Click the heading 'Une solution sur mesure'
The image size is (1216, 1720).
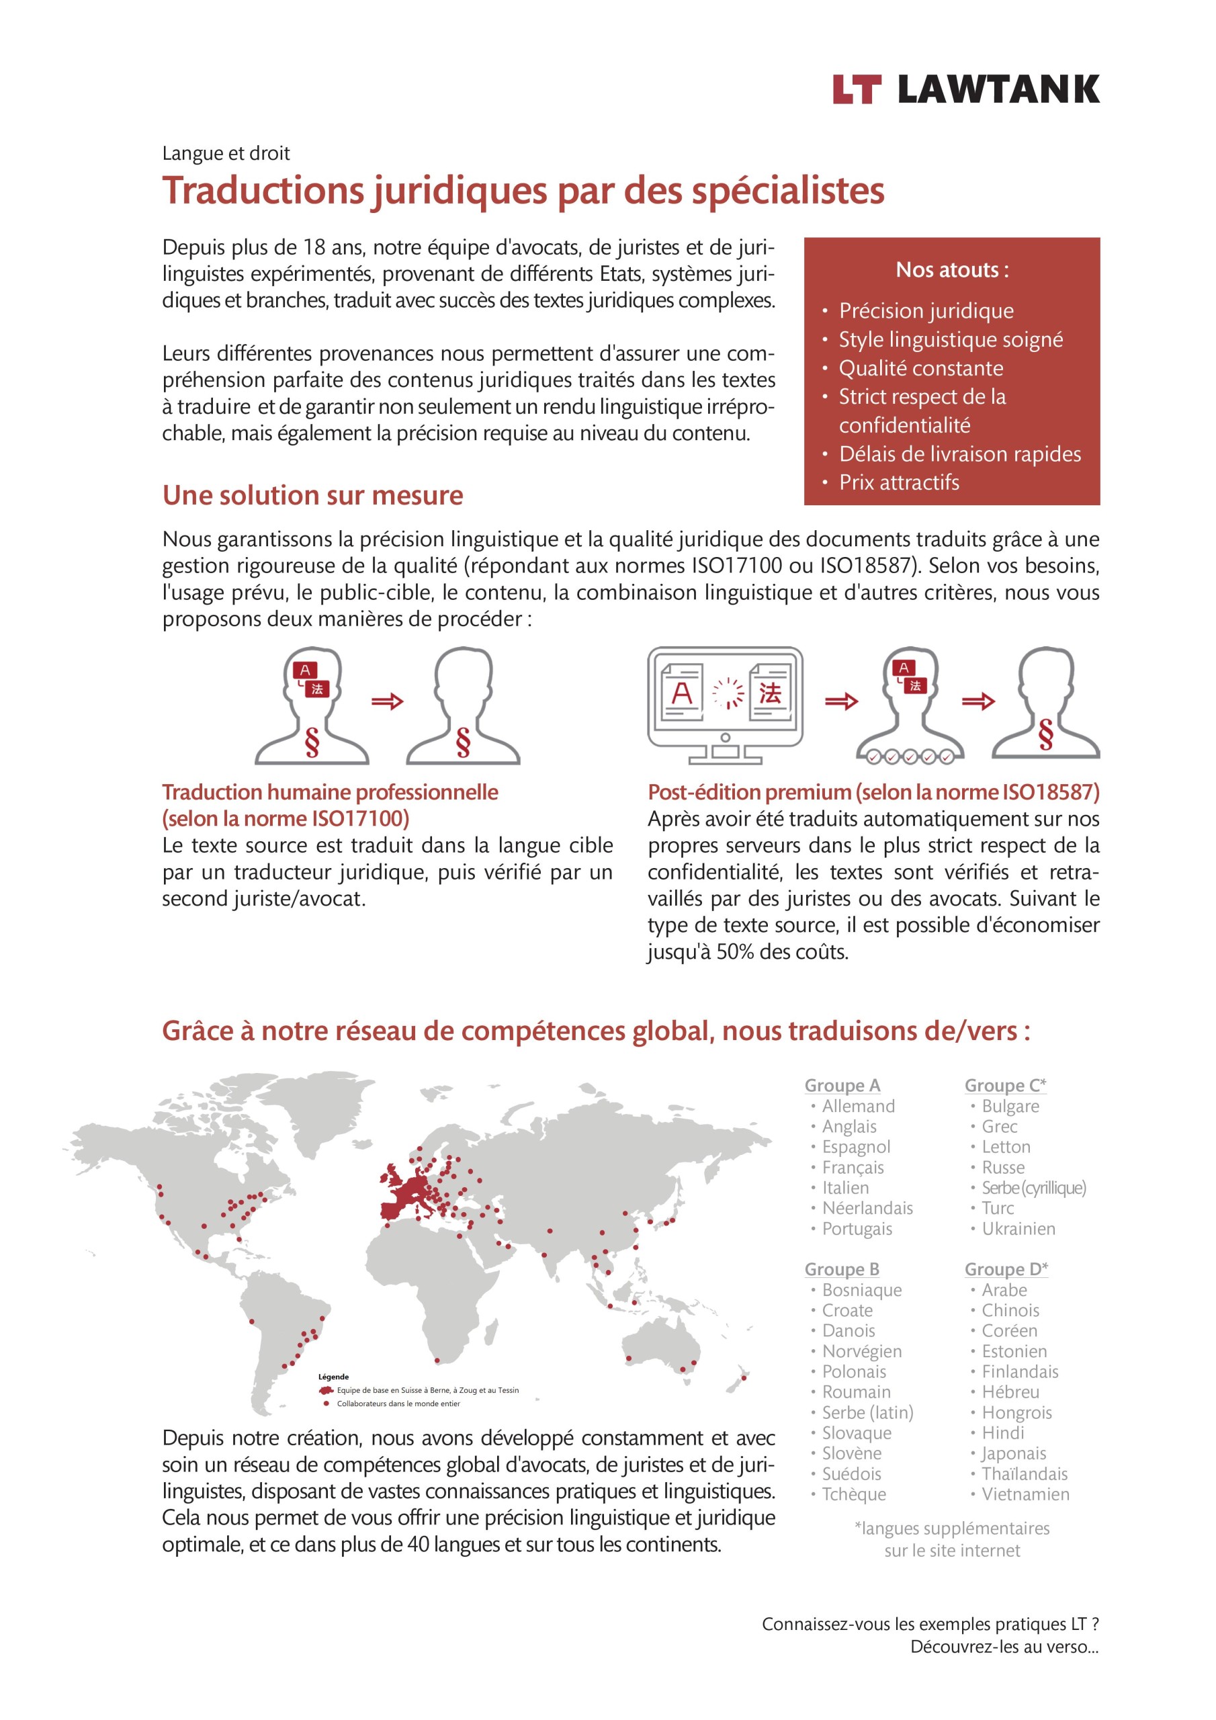coord(312,495)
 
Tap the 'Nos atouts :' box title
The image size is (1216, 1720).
coord(951,269)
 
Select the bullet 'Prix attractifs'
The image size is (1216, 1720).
coord(898,482)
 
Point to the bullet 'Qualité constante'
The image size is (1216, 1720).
coord(920,369)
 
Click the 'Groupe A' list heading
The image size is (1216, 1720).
coord(842,1086)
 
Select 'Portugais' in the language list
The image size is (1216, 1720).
coord(857,1230)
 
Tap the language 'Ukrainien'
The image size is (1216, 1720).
coord(1018,1230)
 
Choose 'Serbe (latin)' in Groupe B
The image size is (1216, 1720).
coord(867,1413)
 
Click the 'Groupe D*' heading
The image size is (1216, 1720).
coord(1006,1270)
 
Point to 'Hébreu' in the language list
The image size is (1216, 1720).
coord(1010,1392)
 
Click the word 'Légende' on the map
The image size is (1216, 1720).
coord(333,1377)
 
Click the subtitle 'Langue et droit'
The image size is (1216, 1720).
coord(226,154)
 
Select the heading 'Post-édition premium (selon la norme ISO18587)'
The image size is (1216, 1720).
coord(873,792)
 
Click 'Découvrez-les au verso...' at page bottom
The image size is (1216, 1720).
coord(1004,1647)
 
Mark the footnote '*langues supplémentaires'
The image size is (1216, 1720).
coord(951,1529)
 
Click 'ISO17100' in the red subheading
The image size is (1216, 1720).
coord(363,819)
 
